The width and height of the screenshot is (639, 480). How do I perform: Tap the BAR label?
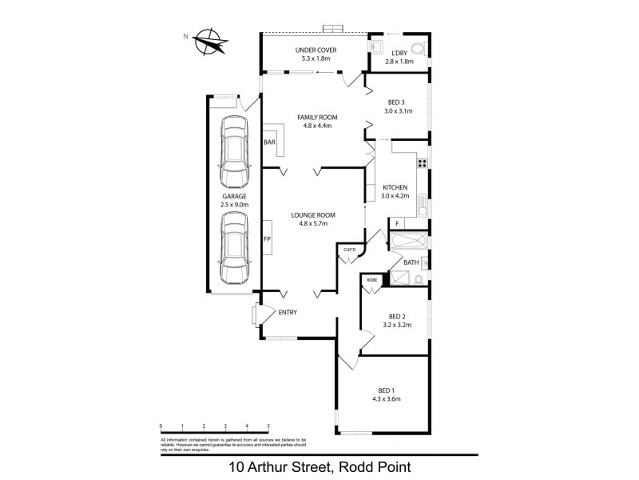269,142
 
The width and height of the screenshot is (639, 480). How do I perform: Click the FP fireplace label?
268,238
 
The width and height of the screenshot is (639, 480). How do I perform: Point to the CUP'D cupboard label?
349,250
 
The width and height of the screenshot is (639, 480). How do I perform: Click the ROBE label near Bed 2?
371,280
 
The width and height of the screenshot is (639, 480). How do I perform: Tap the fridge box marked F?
397,223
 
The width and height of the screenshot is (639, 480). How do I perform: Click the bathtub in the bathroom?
407,240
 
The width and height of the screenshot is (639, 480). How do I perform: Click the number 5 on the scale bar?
268,426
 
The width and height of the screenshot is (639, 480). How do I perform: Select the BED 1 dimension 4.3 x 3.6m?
386,398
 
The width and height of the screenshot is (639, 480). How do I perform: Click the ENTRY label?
288,313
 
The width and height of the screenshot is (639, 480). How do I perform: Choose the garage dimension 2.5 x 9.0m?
235,205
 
